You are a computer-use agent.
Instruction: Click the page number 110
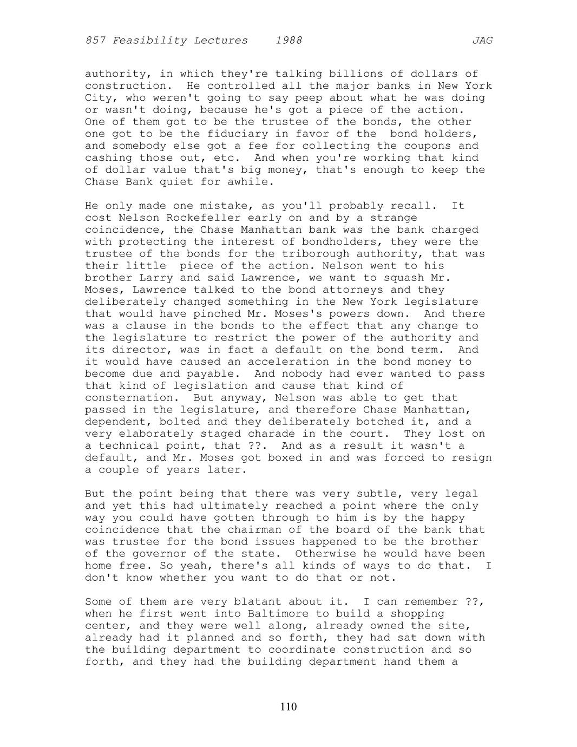click(x=289, y=706)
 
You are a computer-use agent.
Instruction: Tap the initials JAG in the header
click(x=482, y=41)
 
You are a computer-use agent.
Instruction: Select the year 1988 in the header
click(x=289, y=41)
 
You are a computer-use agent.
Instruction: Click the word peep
click(x=309, y=97)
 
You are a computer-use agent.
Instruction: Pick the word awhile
click(x=248, y=181)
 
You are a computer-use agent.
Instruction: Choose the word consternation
click(x=126, y=398)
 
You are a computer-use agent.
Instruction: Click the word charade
click(x=268, y=434)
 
